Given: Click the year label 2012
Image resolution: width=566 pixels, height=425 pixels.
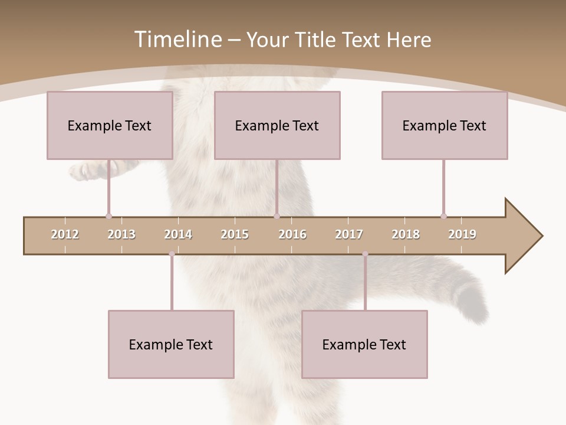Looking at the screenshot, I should (65, 234).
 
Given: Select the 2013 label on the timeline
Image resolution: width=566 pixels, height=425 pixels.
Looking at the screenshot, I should (121, 234).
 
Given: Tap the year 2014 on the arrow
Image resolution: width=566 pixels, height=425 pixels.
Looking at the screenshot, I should (178, 234).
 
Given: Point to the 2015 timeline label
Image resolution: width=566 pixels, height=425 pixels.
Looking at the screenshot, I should (235, 234).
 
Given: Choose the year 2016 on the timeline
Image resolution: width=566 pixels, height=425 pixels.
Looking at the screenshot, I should (292, 234).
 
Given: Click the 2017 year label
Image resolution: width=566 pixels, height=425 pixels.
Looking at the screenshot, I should (349, 234).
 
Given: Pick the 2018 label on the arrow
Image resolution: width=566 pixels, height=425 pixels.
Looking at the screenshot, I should (406, 234).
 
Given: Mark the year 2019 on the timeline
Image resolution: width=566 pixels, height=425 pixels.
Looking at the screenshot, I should (462, 234).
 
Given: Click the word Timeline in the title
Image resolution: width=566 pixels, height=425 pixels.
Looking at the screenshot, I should (177, 40).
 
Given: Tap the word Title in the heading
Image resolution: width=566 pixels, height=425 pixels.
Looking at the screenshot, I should (316, 40).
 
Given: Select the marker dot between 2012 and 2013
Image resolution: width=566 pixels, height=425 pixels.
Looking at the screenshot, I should (108, 216).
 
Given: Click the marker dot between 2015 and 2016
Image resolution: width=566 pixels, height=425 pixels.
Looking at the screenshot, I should (277, 216).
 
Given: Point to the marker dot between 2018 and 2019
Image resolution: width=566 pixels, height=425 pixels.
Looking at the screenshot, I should (443, 216).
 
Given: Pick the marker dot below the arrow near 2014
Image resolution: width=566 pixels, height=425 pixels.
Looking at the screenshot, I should (172, 254).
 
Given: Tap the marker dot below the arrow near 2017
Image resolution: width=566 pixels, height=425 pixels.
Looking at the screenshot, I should (365, 254).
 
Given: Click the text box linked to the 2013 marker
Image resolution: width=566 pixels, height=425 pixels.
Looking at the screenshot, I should (110, 125).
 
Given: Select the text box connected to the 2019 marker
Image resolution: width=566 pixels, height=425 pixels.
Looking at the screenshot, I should (445, 125).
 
